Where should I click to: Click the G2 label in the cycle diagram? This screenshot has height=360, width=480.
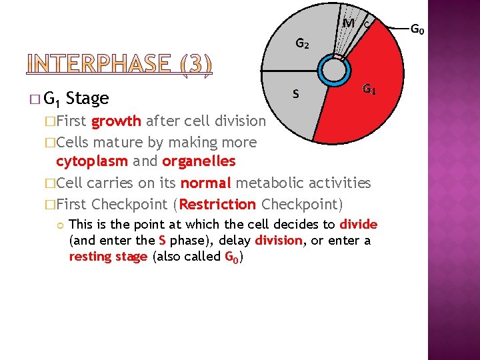point(301,45)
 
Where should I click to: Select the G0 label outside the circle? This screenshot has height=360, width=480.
point(418,29)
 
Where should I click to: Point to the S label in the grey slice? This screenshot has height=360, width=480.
point(295,95)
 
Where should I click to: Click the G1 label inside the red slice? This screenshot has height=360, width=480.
point(369,89)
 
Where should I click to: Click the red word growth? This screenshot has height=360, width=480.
point(116,121)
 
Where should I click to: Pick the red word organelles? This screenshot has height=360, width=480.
point(199,161)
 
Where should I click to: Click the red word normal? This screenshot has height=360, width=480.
point(205,183)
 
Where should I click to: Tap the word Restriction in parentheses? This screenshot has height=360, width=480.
point(217,204)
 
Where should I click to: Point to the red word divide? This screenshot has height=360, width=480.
point(359,224)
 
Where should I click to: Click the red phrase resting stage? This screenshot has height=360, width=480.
point(109,256)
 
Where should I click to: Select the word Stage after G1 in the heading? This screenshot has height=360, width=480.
point(88,99)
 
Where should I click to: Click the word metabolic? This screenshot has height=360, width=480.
point(271,183)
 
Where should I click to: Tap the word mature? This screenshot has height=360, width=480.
point(118,142)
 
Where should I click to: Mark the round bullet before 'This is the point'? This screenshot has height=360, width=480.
point(60,225)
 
